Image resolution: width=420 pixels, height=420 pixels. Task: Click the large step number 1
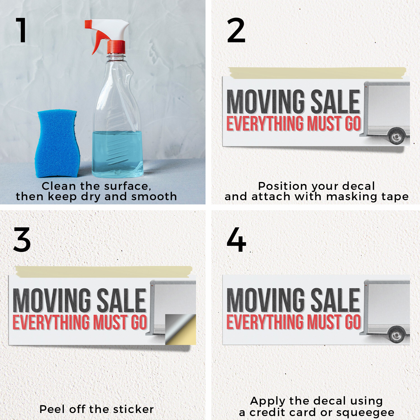point(22,30)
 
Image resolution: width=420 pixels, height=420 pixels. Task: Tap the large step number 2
point(236,30)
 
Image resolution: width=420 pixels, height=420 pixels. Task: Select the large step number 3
point(22,239)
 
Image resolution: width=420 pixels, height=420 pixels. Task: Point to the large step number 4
point(236,239)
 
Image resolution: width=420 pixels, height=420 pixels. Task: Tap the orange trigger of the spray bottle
point(98,41)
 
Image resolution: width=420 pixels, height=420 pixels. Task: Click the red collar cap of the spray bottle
point(116,47)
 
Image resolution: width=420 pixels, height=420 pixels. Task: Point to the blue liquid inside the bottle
point(118,154)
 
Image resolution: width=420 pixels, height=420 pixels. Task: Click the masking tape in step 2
point(317,73)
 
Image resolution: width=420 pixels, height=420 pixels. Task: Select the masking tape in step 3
point(104,272)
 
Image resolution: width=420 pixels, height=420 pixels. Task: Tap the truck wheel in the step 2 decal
point(396,136)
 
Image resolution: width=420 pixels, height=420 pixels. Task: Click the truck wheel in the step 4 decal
point(396,334)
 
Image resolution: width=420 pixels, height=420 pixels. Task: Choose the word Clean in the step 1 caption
point(59,186)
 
